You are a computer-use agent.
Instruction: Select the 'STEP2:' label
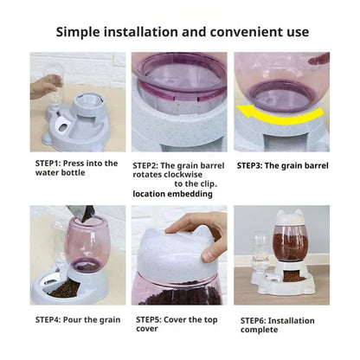150,164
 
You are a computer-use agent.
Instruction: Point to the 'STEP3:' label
254,164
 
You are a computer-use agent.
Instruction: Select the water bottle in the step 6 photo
256,251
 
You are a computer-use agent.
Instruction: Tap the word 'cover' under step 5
146,330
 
